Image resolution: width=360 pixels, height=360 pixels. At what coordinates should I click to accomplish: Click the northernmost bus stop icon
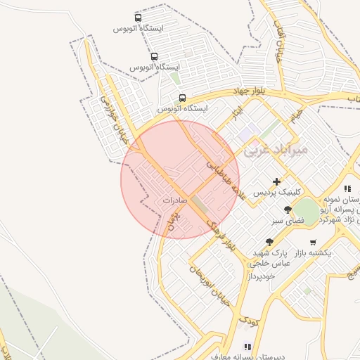(138, 18)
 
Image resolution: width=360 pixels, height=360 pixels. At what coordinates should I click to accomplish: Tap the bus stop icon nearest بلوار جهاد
(183, 98)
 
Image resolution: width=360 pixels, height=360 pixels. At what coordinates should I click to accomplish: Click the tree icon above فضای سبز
(287, 210)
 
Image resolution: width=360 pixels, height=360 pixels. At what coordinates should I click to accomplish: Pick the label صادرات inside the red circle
(177, 200)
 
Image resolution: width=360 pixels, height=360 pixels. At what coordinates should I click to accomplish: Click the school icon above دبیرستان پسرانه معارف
(247, 347)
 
